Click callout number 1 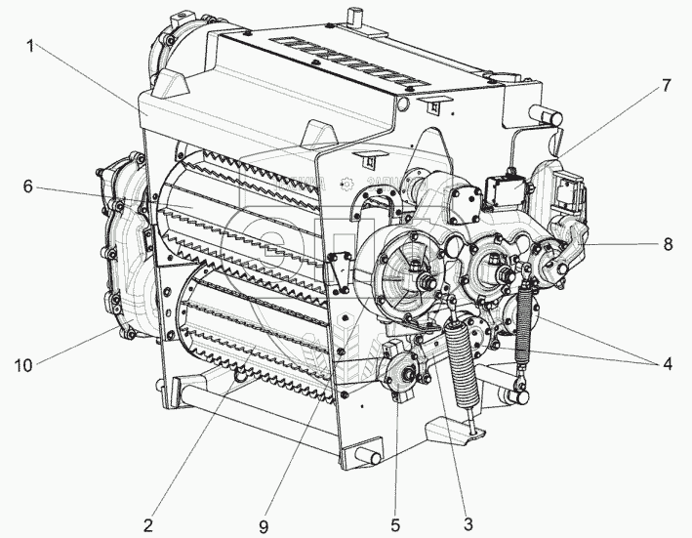(30, 46)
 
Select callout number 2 (147, 525)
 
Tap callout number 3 (468, 524)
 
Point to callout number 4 (667, 364)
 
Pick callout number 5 (395, 525)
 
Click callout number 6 (27, 186)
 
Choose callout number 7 (666, 85)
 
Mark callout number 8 (668, 244)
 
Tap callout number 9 (264, 526)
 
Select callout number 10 (23, 365)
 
